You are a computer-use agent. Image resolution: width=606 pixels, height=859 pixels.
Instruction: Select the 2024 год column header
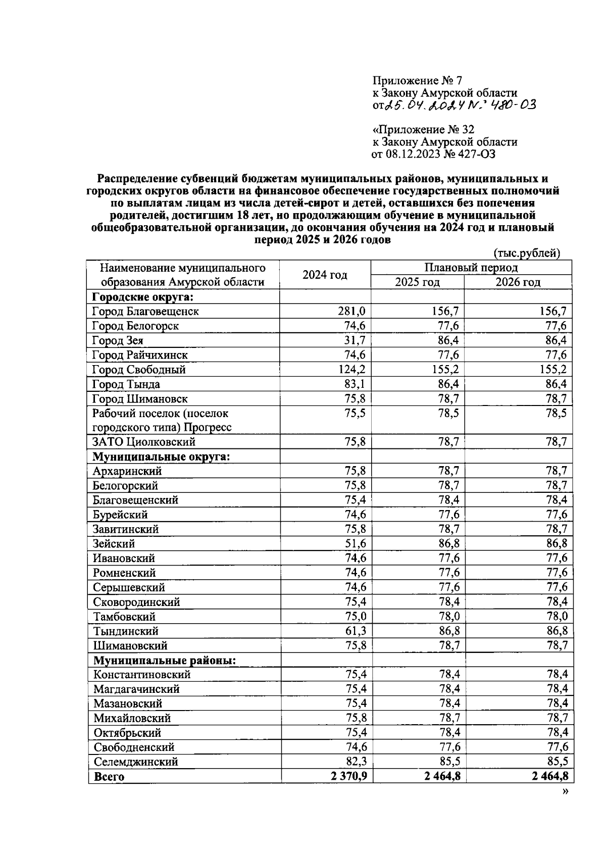coord(325,275)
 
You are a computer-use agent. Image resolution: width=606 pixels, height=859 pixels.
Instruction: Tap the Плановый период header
coord(471,268)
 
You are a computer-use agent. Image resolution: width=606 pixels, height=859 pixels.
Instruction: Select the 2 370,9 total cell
coord(348,776)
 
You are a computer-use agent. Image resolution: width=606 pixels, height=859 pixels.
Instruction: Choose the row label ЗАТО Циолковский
coord(144,442)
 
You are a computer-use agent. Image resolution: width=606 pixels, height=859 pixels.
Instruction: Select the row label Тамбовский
coord(124,617)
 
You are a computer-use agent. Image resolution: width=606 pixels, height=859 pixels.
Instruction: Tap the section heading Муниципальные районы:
coord(165,661)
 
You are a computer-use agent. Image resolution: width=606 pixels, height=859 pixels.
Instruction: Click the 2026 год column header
coord(518,282)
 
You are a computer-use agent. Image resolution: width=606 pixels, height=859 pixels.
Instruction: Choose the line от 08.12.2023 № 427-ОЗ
coord(433,154)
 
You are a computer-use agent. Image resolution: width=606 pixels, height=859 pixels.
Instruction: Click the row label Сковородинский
coord(136,602)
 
